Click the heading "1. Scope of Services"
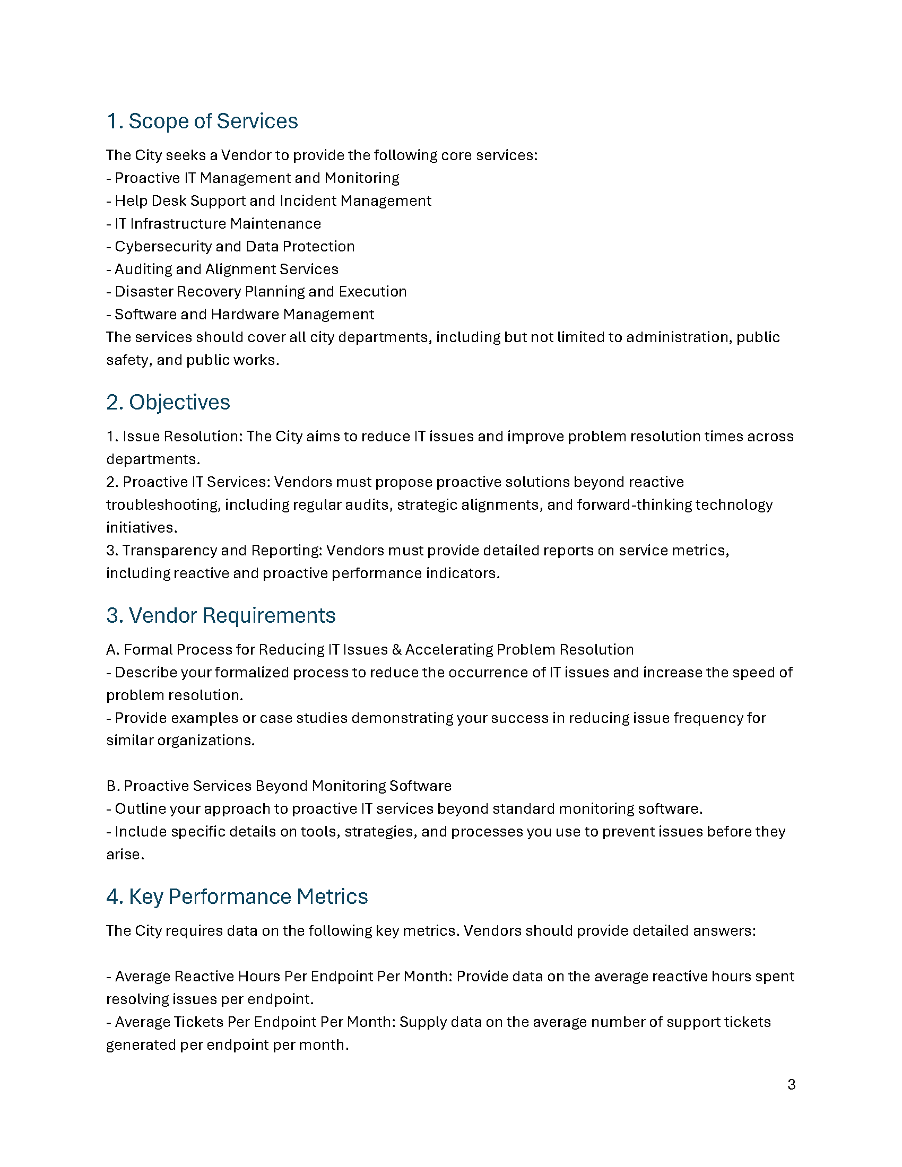click(x=202, y=121)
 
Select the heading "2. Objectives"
click(x=168, y=403)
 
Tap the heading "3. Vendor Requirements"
click(x=221, y=615)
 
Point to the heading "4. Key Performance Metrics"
click(x=237, y=896)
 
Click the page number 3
click(x=791, y=1085)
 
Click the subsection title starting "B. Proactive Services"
click(x=279, y=786)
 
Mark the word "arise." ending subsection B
click(x=125, y=855)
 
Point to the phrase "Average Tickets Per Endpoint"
click(x=216, y=1022)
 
